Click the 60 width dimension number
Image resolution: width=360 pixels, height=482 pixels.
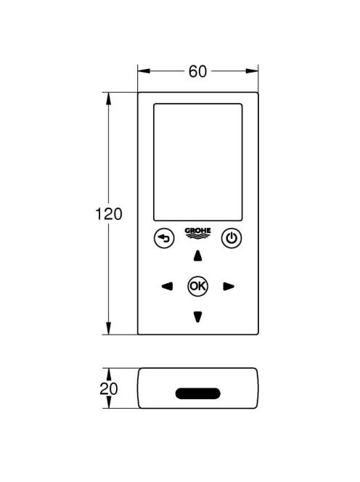pyautogui.click(x=197, y=71)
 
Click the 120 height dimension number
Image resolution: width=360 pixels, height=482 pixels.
pyautogui.click(x=109, y=214)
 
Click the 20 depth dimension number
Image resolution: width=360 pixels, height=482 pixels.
pyautogui.click(x=109, y=389)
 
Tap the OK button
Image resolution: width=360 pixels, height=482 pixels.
pyautogui.click(x=198, y=286)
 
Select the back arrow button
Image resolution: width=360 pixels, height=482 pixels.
pyautogui.click(x=164, y=238)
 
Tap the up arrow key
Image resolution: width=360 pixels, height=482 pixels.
pyautogui.click(x=198, y=256)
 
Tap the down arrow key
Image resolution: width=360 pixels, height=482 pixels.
pyautogui.click(x=198, y=316)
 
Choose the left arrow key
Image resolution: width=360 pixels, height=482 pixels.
pyautogui.click(x=167, y=287)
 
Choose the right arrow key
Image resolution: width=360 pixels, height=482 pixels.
pyautogui.click(x=229, y=287)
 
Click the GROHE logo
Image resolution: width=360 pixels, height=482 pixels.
pyautogui.click(x=197, y=233)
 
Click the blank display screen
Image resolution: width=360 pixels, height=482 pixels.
pyautogui.click(x=198, y=163)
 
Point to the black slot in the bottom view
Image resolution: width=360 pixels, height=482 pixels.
pyautogui.click(x=198, y=393)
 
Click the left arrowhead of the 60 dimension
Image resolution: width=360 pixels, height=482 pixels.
pyautogui.click(x=144, y=71)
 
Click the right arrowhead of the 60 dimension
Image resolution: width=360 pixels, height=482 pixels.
pyautogui.click(x=252, y=71)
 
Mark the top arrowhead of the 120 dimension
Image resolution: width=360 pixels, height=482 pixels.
pyautogui.click(x=109, y=99)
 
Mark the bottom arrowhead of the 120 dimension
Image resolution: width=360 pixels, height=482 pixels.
pyautogui.click(x=109, y=328)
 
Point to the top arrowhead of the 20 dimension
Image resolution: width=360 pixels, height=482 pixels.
pyautogui.click(x=109, y=374)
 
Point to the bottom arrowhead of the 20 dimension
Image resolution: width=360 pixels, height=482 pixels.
pyautogui.click(x=109, y=402)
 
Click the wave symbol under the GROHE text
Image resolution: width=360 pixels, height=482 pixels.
pyautogui.click(x=197, y=236)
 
